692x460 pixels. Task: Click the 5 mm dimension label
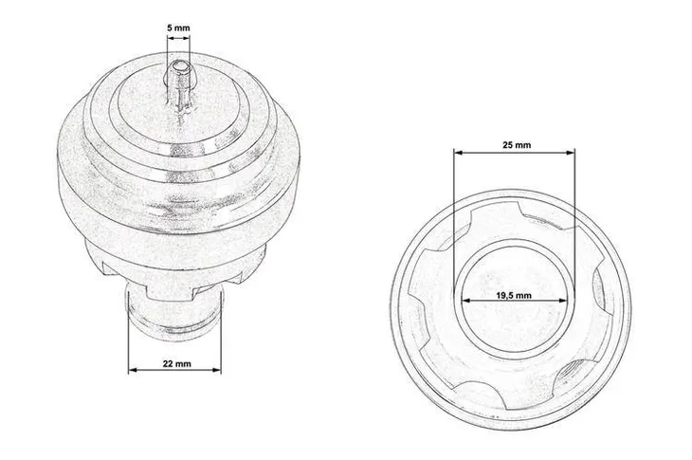pos(177,28)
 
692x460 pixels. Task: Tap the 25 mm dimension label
pos(516,146)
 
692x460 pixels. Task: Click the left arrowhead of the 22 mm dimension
pos(133,370)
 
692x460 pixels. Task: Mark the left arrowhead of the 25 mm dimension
pos(457,154)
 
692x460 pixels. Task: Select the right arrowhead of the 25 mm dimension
pos(573,154)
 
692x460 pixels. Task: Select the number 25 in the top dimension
pos(508,146)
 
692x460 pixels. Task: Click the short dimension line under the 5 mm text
pos(177,38)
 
